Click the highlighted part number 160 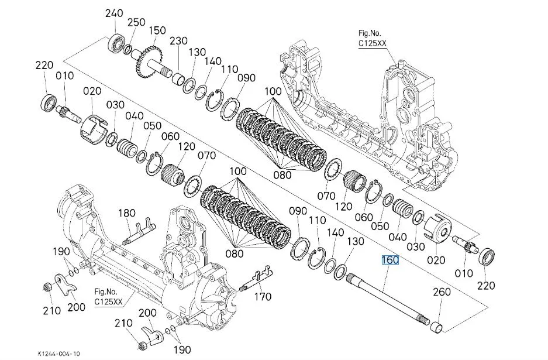[x=390, y=260]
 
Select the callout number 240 [x=114, y=13]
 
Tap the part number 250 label [x=136, y=22]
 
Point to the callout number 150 [x=157, y=30]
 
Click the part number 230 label [x=178, y=41]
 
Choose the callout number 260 [x=442, y=292]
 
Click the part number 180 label [x=127, y=213]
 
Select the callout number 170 [x=263, y=297]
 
